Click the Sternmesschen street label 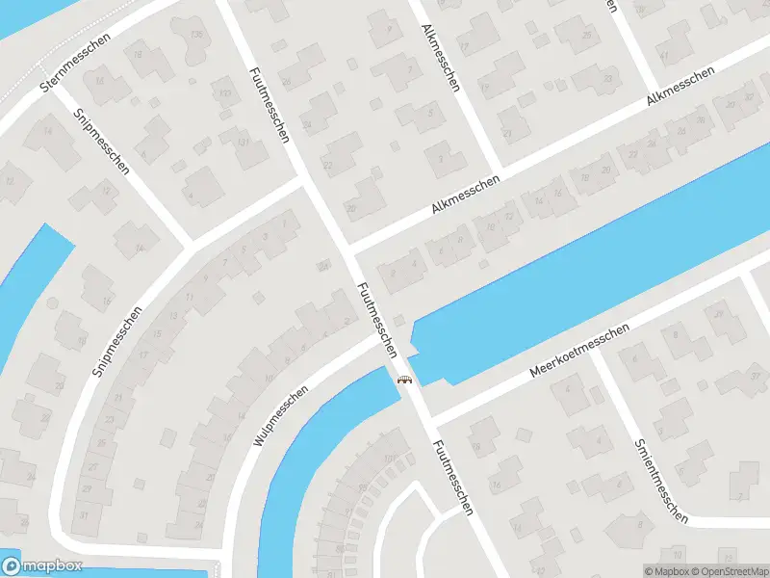[76, 64]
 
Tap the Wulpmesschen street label [281, 414]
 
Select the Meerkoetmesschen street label [579, 351]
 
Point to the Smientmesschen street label [661, 481]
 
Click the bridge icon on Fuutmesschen [405, 379]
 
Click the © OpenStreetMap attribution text [719, 570]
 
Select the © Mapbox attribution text [665, 570]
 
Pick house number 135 [198, 36]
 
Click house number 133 [224, 93]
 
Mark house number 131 [244, 143]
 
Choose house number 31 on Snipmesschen [84, 514]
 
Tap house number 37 [755, 376]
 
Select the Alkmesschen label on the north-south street [441, 57]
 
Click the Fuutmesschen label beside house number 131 [269, 105]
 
